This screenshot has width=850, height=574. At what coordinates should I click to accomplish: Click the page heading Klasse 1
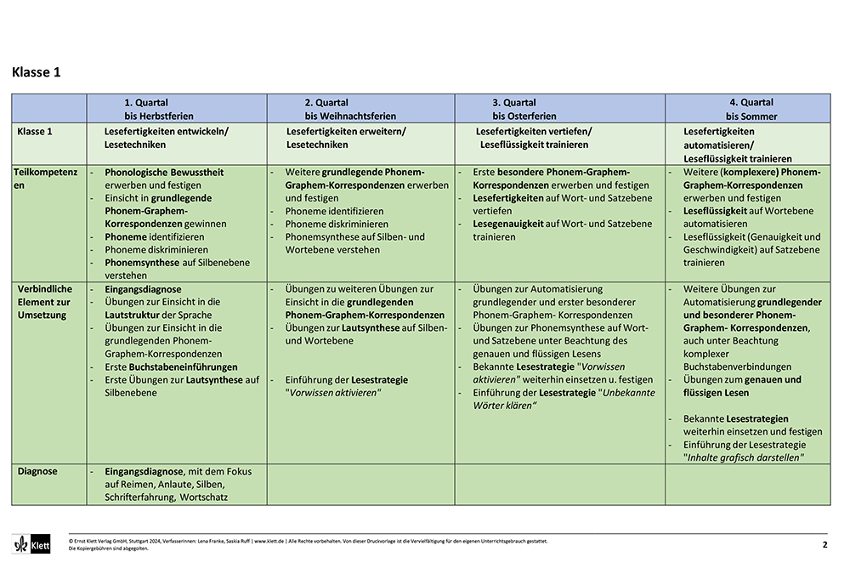37,72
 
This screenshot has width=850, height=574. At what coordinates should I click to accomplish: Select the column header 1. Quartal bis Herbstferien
159,109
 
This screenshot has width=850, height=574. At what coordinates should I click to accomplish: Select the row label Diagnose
37,471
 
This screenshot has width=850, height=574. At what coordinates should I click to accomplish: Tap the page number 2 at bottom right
824,544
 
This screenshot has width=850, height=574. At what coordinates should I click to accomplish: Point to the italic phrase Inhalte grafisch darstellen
744,457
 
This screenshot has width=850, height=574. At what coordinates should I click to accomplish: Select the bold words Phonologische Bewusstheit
164,173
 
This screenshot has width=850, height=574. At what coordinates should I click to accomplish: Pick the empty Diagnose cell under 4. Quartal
747,484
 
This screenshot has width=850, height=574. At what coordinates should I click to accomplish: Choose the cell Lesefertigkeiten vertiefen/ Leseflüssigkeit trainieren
534,138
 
